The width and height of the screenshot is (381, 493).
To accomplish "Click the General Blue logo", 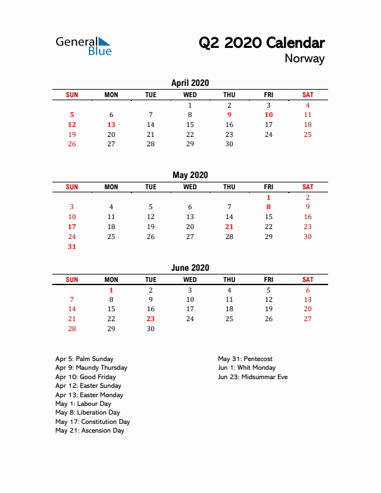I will [83, 46].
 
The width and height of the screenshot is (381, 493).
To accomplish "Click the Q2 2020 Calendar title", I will [261, 43].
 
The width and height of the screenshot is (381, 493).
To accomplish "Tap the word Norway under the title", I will [304, 59].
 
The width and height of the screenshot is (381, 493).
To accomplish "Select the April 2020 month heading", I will [190, 83].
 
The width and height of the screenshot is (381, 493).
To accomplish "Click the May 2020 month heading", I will [190, 175].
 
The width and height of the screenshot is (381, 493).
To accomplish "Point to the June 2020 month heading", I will [190, 268].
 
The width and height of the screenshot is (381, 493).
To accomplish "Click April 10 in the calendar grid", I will [268, 115].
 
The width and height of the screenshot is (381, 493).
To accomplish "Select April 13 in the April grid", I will [111, 124].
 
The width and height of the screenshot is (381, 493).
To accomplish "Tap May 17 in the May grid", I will [72, 227].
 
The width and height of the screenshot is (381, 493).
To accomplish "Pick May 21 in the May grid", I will [229, 227].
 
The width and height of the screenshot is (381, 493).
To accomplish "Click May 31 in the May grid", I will [72, 247].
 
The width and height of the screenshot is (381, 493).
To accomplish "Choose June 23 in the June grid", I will [151, 319].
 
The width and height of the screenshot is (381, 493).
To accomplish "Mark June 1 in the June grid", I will [111, 290].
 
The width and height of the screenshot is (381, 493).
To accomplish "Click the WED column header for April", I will [190, 95].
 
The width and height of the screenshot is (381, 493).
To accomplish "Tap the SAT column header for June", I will [308, 280].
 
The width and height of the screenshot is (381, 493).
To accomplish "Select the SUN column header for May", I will [72, 187].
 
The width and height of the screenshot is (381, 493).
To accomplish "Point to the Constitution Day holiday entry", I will [92, 421].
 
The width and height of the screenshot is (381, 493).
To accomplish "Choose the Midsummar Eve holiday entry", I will [253, 377].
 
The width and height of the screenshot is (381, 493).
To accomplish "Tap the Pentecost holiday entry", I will [245, 359].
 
